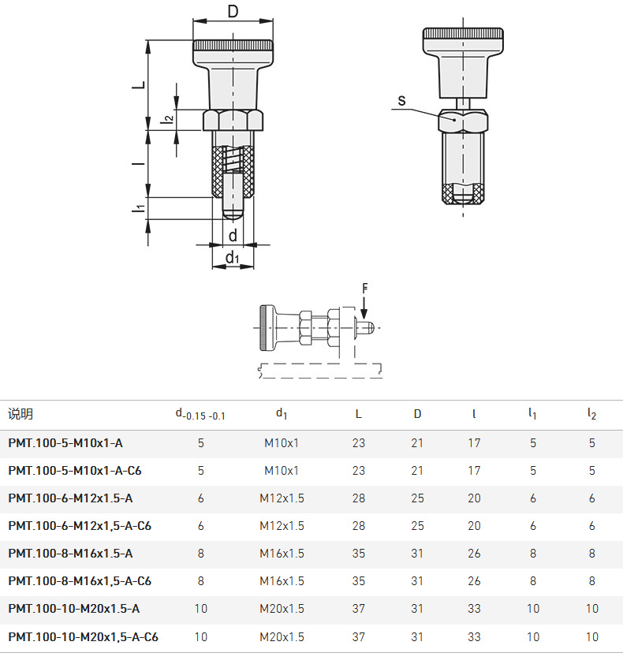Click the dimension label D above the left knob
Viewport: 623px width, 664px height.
click(x=233, y=11)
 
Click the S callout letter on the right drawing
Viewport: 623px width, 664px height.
click(x=401, y=101)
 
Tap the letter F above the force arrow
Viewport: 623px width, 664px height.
click(x=364, y=289)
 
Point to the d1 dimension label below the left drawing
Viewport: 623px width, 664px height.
click(x=233, y=257)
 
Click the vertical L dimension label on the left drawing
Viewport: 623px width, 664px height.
click(x=139, y=84)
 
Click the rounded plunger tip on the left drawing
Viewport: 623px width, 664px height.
click(x=233, y=214)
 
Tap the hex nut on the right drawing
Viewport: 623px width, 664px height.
click(x=463, y=121)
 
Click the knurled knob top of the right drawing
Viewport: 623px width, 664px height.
click(x=463, y=35)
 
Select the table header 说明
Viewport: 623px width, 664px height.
click(x=21, y=414)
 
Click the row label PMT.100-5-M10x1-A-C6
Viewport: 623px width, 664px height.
click(x=75, y=471)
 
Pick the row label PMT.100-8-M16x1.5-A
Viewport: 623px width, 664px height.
click(x=70, y=553)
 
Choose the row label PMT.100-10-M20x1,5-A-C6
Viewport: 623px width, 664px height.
click(x=83, y=636)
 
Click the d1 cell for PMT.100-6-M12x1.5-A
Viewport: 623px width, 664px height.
click(x=282, y=498)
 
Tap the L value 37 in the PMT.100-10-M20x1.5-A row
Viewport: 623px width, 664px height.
click(x=358, y=609)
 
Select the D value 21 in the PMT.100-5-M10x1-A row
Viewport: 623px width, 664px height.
click(x=417, y=443)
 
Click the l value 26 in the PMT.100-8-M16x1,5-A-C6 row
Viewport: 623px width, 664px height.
click(x=474, y=581)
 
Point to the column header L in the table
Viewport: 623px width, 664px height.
click(x=358, y=414)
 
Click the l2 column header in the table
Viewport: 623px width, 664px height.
click(x=591, y=414)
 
